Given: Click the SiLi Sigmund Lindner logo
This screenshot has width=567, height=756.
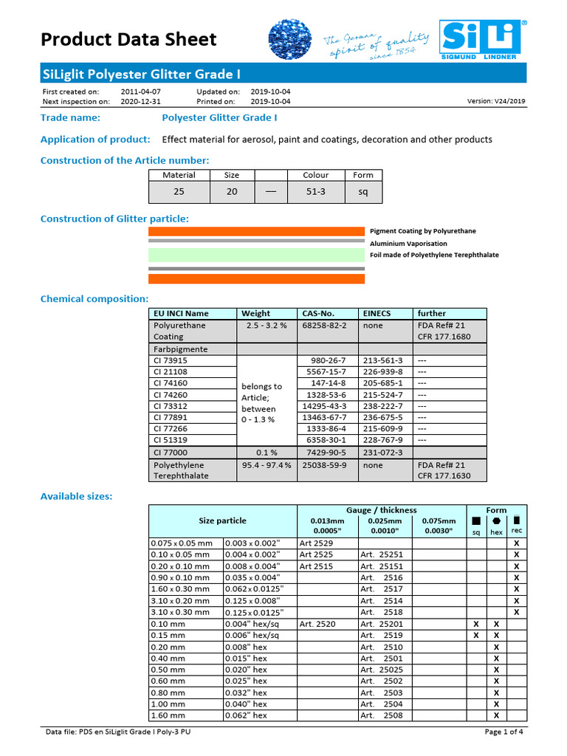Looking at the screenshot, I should coord(482,38).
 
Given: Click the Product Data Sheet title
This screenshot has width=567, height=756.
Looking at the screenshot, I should coord(128,39).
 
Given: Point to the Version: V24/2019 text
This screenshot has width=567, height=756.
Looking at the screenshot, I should coord(497,101).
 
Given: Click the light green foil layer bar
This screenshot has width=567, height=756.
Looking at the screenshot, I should coord(257,255).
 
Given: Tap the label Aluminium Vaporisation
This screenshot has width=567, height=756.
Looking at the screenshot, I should coord(408,244).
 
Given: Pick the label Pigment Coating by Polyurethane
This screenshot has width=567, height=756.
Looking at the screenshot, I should coord(422,231).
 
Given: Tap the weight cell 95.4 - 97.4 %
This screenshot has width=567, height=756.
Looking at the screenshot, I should coord(266,465).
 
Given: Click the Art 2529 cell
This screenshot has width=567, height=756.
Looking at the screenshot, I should coord(316,543).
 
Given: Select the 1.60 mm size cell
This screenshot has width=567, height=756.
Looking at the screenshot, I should coord(168,715).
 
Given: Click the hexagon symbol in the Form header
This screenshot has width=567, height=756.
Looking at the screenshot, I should coord(496,521).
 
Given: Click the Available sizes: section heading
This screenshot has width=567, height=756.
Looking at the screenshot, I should coord(77,496).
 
